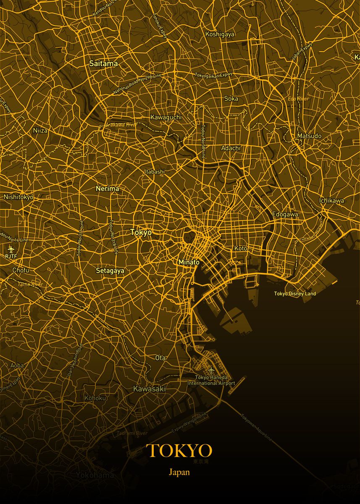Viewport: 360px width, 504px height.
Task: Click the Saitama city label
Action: tap(103, 64)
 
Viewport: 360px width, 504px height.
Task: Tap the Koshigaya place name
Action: tap(220, 34)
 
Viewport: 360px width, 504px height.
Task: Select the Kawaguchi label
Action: tap(166, 117)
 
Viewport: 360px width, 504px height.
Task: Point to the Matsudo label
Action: tap(309, 136)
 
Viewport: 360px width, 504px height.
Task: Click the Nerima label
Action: tap(107, 189)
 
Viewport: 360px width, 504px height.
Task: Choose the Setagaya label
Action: tap(110, 271)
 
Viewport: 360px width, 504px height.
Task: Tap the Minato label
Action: tap(189, 262)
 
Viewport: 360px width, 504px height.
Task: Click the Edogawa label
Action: tap(285, 214)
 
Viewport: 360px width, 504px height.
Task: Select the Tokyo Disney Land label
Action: tap(295, 294)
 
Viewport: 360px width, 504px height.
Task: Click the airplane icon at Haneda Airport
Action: tap(211, 370)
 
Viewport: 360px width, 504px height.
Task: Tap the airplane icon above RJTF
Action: tap(11, 248)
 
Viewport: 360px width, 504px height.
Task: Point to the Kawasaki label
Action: tap(149, 389)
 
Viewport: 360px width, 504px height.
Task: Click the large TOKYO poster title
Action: tap(179, 451)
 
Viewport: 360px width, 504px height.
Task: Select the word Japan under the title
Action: tap(179, 472)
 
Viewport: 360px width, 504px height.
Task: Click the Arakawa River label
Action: tap(121, 125)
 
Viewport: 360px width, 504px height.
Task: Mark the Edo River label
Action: tap(298, 99)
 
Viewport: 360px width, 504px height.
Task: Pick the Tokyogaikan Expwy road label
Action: tap(213, 75)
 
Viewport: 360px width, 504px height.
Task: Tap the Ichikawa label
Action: tap(331, 200)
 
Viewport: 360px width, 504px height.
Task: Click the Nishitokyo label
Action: tap(18, 197)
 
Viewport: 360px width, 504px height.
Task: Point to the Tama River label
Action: tap(30, 284)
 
